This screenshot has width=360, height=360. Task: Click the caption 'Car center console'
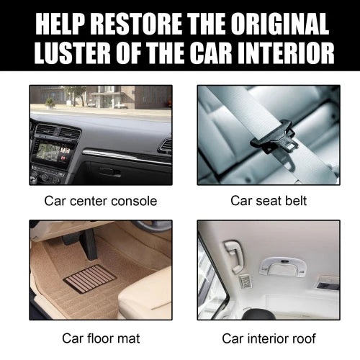(x=100, y=200)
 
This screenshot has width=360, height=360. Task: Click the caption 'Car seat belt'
(x=268, y=200)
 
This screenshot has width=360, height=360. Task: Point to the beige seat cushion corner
(x=155, y=288)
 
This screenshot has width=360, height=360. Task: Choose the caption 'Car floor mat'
(x=100, y=337)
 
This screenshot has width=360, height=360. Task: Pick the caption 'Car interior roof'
(x=268, y=337)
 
